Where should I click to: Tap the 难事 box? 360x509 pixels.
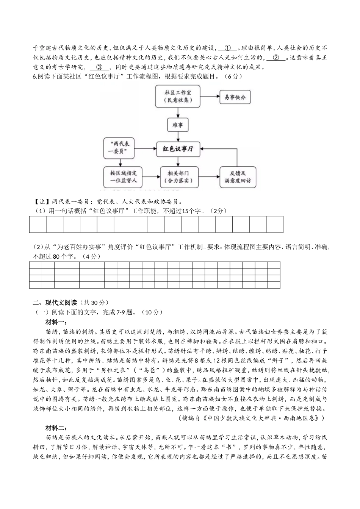[178, 125]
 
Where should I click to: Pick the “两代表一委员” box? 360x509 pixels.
[119, 148]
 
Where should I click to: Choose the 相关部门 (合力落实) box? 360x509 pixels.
[178, 177]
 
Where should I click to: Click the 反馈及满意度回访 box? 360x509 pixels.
[238, 177]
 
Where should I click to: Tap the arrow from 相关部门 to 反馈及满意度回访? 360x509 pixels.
[207, 177]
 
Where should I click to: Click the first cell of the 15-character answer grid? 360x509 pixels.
[38, 224]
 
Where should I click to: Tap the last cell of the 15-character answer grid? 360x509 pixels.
[275, 224]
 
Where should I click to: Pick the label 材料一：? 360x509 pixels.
[56, 322]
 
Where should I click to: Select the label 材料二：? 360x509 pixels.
[56, 428]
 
